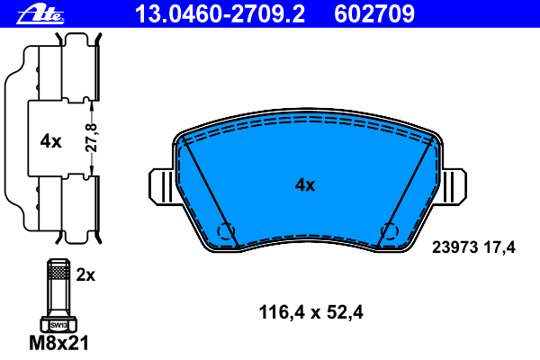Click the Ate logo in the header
point(40,14)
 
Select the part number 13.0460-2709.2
point(220,14)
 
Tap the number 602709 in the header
point(374,14)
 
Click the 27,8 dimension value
point(92,138)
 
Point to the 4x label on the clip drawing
point(50,141)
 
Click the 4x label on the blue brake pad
point(305,185)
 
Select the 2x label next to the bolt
point(85,274)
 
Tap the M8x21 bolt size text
point(58,343)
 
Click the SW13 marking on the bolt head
point(58,325)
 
